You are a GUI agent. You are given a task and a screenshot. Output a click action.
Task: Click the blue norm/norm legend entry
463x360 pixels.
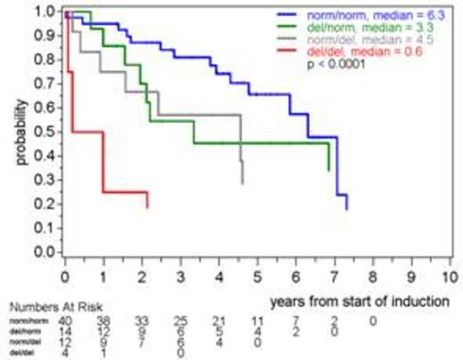[356, 15]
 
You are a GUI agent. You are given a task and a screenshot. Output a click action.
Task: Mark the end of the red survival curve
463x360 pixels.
[147, 207]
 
